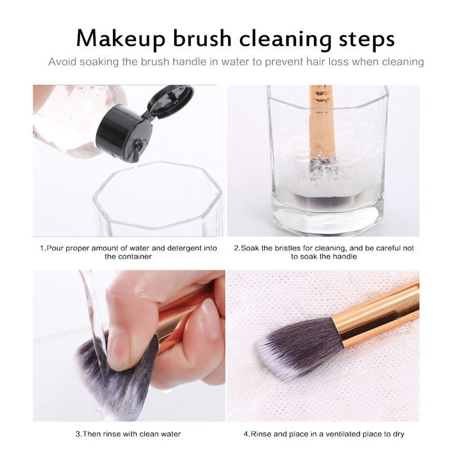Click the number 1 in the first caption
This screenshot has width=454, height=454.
[41, 248]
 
